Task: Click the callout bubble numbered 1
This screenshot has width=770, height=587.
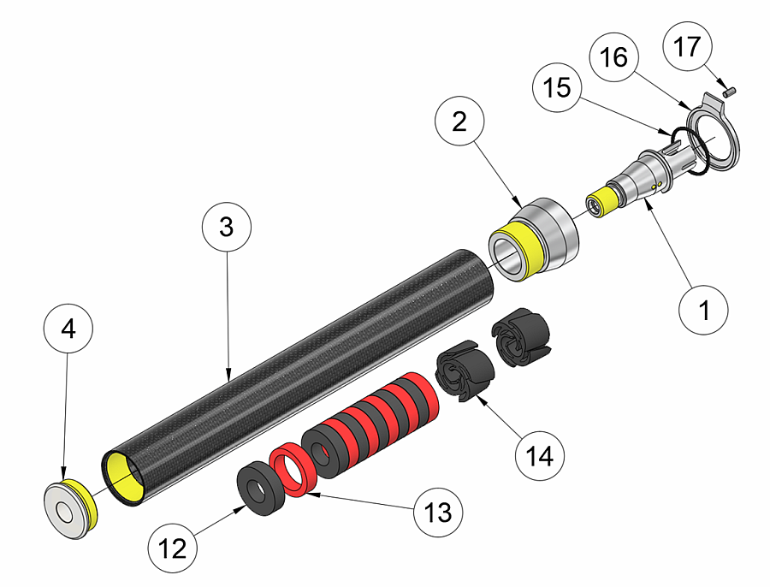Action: pos(704,310)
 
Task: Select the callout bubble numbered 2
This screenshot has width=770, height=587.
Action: pos(459,122)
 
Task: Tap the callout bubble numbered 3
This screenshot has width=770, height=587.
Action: pos(226,228)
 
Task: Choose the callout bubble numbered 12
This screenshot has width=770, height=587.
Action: pos(172,547)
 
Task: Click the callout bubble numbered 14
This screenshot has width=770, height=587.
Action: pos(541,456)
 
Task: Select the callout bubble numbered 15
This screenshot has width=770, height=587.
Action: pos(557,89)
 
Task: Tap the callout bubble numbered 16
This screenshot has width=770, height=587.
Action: pos(614,58)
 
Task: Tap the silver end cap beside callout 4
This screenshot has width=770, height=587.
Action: pos(68,512)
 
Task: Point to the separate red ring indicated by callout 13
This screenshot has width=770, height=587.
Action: pos(294,471)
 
